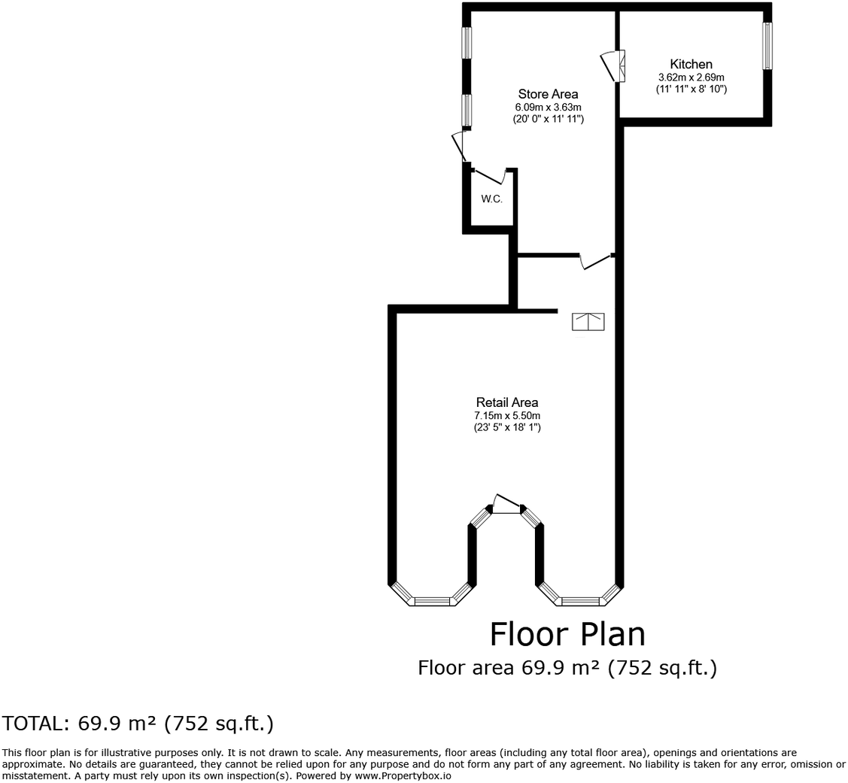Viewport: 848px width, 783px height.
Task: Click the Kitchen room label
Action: [x=691, y=65]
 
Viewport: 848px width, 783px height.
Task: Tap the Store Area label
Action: [x=548, y=94]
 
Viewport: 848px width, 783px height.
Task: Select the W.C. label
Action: [x=491, y=199]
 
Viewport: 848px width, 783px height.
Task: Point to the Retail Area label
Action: [x=506, y=402]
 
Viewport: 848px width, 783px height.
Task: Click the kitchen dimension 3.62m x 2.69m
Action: [x=691, y=77]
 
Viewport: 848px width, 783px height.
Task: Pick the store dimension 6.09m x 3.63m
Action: [x=548, y=107]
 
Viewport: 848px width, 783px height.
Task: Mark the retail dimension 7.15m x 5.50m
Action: [x=506, y=415]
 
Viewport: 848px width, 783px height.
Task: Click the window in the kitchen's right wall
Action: [x=767, y=46]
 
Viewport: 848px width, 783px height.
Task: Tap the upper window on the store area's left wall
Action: [x=467, y=43]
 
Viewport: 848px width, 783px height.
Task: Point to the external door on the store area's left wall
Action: [x=459, y=146]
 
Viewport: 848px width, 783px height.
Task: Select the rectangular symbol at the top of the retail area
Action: [x=588, y=322]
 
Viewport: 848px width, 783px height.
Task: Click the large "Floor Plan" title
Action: [x=567, y=634]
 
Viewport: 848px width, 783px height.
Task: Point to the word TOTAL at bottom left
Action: [x=34, y=724]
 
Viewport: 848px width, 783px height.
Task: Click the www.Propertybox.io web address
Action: [x=403, y=775]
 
